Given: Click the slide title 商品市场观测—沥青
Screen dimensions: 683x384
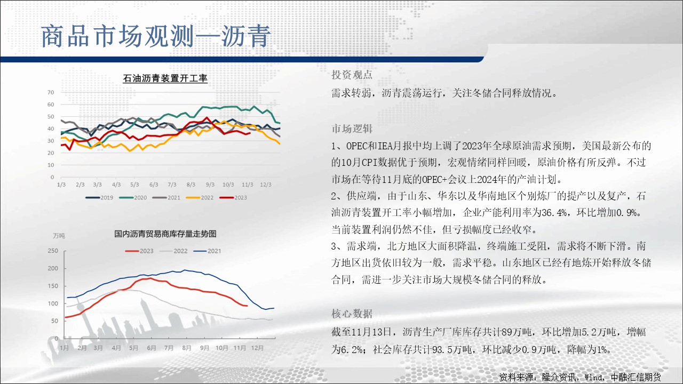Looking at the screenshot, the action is (156, 36).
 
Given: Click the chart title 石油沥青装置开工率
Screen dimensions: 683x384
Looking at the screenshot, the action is (165, 78).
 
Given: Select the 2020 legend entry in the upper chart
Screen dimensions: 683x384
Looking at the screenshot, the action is (133, 197).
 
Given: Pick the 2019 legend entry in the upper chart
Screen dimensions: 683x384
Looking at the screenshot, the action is (99, 197).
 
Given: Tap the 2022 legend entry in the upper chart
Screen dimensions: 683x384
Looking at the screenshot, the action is (200, 197).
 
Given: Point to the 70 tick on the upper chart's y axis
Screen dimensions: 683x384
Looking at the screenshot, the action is (51, 92).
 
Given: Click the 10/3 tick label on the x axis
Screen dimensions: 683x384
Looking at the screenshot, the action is (228, 185).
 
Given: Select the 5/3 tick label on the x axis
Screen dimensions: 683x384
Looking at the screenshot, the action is (134, 185).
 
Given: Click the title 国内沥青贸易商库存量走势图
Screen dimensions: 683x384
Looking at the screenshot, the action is (165, 234).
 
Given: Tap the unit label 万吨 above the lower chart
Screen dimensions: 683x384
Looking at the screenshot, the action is (59, 236).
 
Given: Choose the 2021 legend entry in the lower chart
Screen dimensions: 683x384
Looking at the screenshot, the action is (208, 251).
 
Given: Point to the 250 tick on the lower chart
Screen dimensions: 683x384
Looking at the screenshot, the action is (53, 251).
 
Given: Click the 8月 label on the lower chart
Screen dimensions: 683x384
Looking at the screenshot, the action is (187, 348).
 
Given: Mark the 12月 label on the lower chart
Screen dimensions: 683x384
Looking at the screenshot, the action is (257, 348).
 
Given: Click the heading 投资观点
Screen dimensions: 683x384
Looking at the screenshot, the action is (352, 75).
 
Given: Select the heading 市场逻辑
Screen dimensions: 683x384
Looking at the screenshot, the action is (352, 129).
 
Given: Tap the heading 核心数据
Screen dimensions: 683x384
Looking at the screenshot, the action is (352, 314).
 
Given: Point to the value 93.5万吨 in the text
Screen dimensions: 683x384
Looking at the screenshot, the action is (451, 349).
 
